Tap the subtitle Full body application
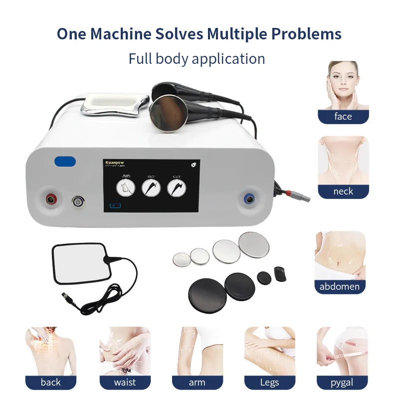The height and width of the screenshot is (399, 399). tap(197, 58)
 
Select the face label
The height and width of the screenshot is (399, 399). tap(343, 117)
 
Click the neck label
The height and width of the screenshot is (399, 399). tap(343, 192)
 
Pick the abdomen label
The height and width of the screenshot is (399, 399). tap(340, 287)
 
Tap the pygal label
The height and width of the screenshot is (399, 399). tap(342, 383)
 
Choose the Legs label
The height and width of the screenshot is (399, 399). tap(269, 383)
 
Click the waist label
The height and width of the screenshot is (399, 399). tap(125, 383)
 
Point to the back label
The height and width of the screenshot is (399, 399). tap(50, 383)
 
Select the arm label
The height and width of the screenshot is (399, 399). tap(197, 383)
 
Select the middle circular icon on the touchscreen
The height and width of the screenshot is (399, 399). tap(151, 187)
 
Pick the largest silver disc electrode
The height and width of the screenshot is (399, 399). tap(253, 243)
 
